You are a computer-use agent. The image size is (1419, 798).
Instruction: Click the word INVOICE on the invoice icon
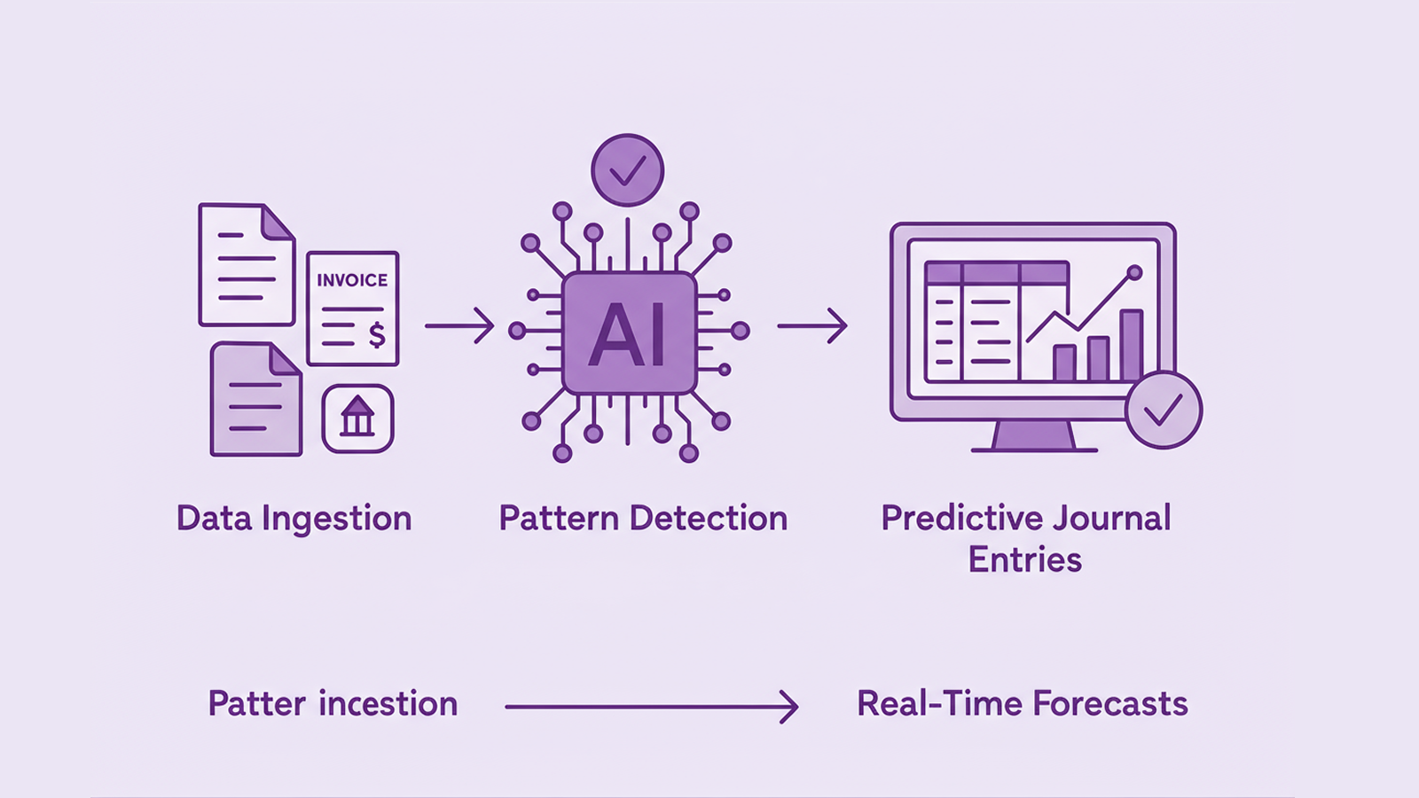352,280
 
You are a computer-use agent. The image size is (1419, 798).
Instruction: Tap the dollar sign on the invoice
377,335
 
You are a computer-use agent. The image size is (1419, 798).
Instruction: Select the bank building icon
357,418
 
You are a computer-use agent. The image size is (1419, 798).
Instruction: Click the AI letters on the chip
628,336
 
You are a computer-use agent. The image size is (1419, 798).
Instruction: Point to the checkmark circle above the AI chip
628,169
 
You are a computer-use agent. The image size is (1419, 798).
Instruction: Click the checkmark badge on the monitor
1163,410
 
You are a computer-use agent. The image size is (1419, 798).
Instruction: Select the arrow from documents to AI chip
459,325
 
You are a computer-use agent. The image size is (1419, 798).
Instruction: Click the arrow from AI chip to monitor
811,325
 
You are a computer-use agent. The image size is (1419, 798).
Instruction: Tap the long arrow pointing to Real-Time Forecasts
652,707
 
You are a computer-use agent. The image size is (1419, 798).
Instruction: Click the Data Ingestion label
294,519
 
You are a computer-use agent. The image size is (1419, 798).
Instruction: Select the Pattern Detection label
643,519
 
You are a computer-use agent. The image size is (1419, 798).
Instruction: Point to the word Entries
1025,560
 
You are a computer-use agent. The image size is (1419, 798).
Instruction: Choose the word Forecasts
1110,704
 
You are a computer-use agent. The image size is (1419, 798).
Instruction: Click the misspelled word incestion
388,704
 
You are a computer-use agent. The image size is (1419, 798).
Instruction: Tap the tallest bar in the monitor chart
1131,345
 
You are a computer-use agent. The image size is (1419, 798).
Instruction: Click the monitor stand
1034,436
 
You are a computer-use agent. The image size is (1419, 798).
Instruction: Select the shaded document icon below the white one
255,400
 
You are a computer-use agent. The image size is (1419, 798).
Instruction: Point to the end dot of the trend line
1134,272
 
